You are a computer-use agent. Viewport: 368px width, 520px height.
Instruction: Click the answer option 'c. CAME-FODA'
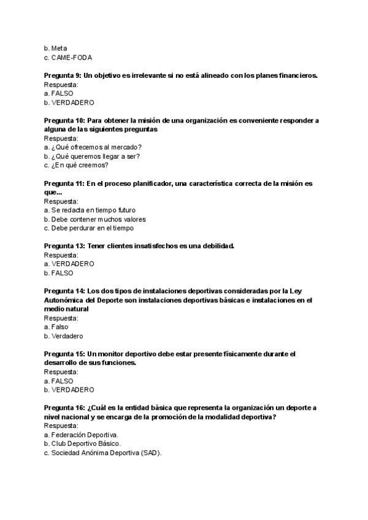pyautogui.click(x=67, y=57)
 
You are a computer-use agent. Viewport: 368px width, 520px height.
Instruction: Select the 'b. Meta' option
pyautogui.click(x=56, y=48)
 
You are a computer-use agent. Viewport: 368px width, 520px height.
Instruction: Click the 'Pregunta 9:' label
pyautogui.click(x=63, y=75)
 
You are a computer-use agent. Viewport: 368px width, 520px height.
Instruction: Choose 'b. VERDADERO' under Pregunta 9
pyautogui.click(x=69, y=102)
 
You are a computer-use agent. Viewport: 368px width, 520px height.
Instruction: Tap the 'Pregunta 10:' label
pyautogui.click(x=64, y=120)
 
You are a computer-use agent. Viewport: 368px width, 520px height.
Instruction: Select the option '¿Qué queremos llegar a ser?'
pyautogui.click(x=92, y=156)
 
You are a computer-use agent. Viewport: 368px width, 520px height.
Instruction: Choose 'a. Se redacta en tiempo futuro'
pyautogui.click(x=90, y=210)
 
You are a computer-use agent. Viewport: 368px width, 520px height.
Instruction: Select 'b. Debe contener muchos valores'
pyautogui.click(x=94, y=219)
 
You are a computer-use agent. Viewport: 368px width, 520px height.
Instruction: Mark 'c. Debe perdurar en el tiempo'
pyautogui.click(x=88, y=228)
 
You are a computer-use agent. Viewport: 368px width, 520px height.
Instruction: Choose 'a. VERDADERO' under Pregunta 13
pyautogui.click(x=69, y=264)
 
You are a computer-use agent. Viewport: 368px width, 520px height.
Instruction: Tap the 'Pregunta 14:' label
pyautogui.click(x=64, y=291)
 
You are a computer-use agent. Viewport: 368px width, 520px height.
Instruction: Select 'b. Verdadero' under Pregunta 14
pyautogui.click(x=63, y=336)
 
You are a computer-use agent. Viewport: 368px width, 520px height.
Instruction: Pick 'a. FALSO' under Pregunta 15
pyautogui.click(x=58, y=381)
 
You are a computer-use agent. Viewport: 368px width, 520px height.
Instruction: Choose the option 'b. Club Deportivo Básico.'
pyautogui.click(x=82, y=443)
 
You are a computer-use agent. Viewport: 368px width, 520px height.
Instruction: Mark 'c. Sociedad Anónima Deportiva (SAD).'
pyautogui.click(x=102, y=453)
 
